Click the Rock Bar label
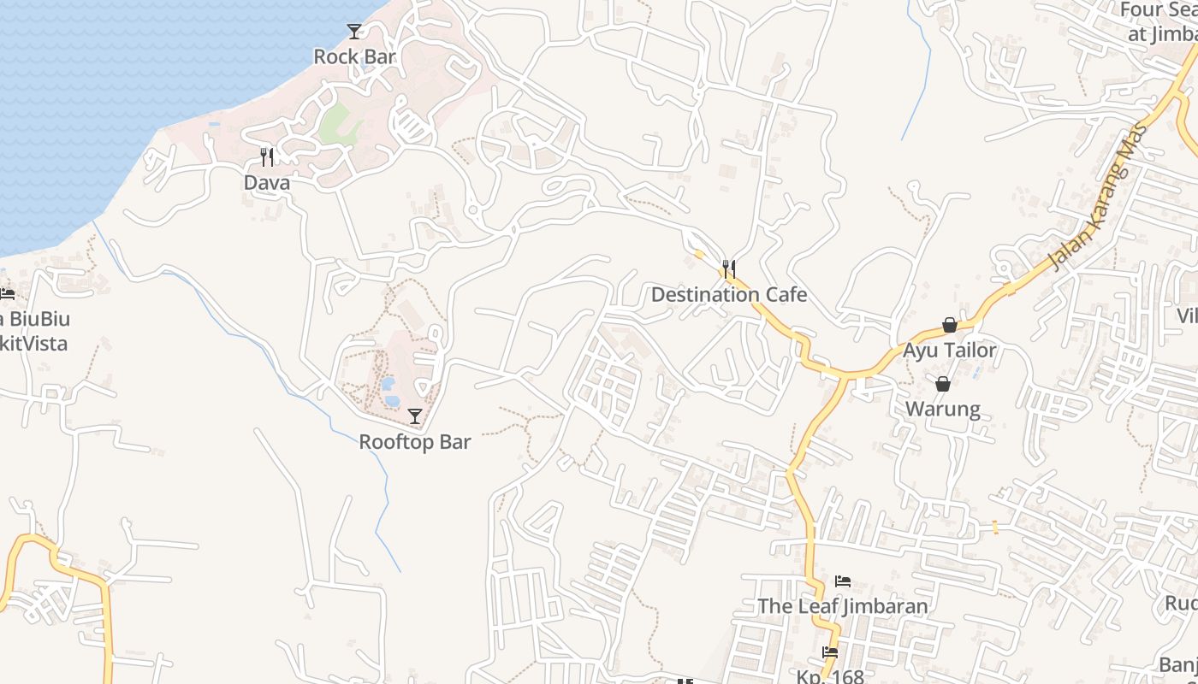click(354, 56)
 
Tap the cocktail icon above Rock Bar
click(354, 32)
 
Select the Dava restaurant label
click(266, 182)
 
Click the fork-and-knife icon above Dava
click(267, 156)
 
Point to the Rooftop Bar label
click(414, 442)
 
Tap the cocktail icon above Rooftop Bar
click(415, 416)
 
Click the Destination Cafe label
click(728, 295)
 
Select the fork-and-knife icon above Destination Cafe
click(728, 269)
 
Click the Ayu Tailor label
click(949, 351)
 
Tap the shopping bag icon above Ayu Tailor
click(949, 325)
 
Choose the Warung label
click(943, 409)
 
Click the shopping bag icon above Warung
click(943, 384)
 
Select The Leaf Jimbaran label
click(842, 606)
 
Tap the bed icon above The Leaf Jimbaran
click(842, 581)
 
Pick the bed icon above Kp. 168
click(829, 652)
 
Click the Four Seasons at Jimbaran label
click(1159, 22)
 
